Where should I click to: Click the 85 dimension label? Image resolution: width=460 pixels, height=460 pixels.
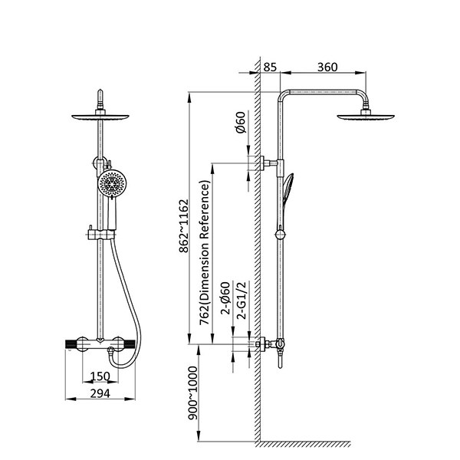click(x=270, y=67)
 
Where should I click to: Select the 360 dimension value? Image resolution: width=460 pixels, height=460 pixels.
click(x=327, y=67)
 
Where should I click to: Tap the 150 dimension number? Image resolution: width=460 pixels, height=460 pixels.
click(x=100, y=376)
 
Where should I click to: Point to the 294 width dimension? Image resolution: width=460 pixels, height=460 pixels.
click(x=100, y=393)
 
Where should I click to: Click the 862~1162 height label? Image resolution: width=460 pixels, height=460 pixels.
click(x=184, y=226)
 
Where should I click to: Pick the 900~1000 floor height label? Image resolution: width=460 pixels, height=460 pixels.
click(x=193, y=393)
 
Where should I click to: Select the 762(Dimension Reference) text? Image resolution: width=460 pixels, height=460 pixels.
click(x=205, y=253)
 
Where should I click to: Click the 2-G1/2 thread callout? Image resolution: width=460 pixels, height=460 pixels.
click(x=242, y=300)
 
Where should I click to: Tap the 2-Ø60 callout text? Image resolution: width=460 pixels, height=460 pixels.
click(x=225, y=298)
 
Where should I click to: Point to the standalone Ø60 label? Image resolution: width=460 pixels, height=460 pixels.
click(x=241, y=123)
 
